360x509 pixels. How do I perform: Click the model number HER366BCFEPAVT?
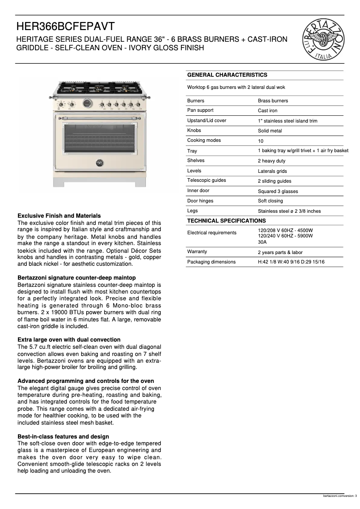[66, 26]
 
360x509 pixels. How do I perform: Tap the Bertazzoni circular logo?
[325, 41]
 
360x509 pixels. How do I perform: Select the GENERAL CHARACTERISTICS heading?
[227, 75]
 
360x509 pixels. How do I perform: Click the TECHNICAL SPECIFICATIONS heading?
[226, 221]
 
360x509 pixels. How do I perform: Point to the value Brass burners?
[273, 101]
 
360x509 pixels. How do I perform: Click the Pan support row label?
[200, 110]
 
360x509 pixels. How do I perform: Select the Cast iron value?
[268, 111]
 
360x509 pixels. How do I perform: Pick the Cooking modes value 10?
[261, 141]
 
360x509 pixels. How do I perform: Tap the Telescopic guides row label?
[206, 180]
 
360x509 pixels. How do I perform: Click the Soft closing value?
[270, 201]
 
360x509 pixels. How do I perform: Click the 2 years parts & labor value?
[280, 252]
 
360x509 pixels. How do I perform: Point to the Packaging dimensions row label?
[211, 262]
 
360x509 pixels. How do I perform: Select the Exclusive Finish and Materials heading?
[59, 216]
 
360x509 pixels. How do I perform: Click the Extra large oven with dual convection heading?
[69, 340]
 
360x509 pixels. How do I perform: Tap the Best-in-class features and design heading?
[63, 437]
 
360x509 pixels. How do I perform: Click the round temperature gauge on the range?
[87, 104]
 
